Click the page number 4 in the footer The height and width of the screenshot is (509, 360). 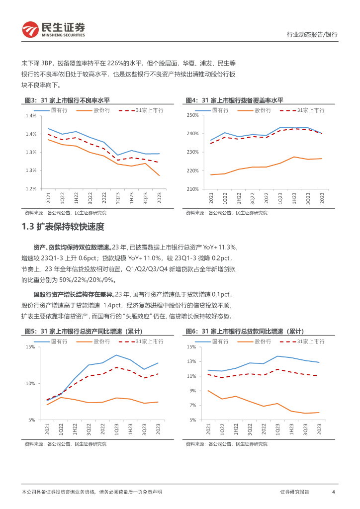pos(333,492)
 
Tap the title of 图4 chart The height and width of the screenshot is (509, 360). pos(238,100)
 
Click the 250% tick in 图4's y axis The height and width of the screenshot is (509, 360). pos(192,115)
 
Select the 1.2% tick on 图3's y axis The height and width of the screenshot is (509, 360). pos(31,189)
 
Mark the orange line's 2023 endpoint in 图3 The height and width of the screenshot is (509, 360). pos(159,175)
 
